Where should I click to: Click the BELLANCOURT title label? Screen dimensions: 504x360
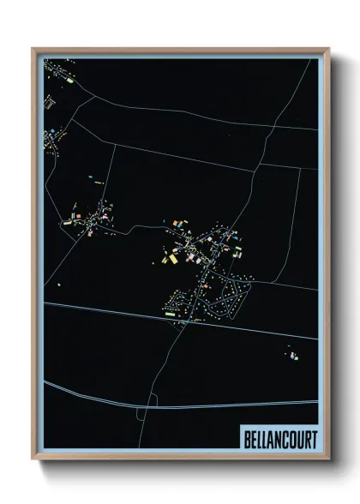[x=279, y=440]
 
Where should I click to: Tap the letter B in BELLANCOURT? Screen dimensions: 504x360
[x=245, y=440]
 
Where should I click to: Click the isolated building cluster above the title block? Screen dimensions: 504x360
[x=292, y=354]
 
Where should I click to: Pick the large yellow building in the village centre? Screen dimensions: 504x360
[x=171, y=258]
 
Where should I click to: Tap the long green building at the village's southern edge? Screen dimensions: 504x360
[x=170, y=314]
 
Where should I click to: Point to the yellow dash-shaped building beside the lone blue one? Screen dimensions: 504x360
[x=99, y=183]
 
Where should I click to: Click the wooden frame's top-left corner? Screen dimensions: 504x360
[x=34, y=50]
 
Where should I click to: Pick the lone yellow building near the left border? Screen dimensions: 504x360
[x=59, y=284]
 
